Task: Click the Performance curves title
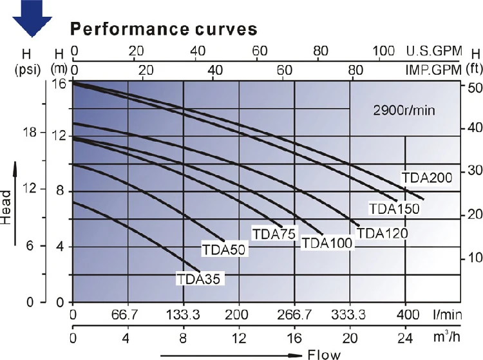tap(164, 30)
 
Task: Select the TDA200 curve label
tap(428, 178)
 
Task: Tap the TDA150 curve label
tap(394, 208)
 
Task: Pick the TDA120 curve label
tap(382, 233)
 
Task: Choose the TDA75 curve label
tap(274, 233)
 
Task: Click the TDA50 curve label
tap(223, 250)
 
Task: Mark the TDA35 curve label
tap(198, 279)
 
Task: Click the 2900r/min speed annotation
tap(404, 110)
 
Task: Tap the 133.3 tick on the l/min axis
tap(184, 315)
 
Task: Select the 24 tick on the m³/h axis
tap(405, 338)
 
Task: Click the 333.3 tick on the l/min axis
tap(350, 315)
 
